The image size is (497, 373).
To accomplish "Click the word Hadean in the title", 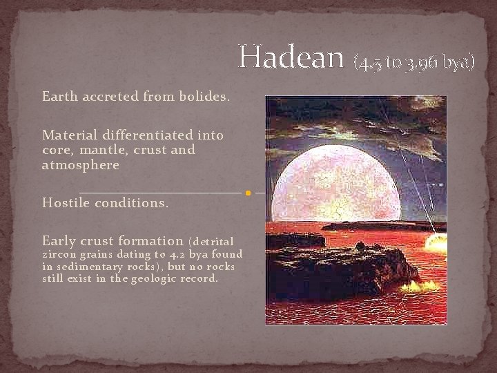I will point(291,57).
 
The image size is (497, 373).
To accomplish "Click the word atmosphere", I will point(81,165).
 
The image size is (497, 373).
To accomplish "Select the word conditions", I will point(133,203).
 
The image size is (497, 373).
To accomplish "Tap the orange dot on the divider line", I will point(248,193).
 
